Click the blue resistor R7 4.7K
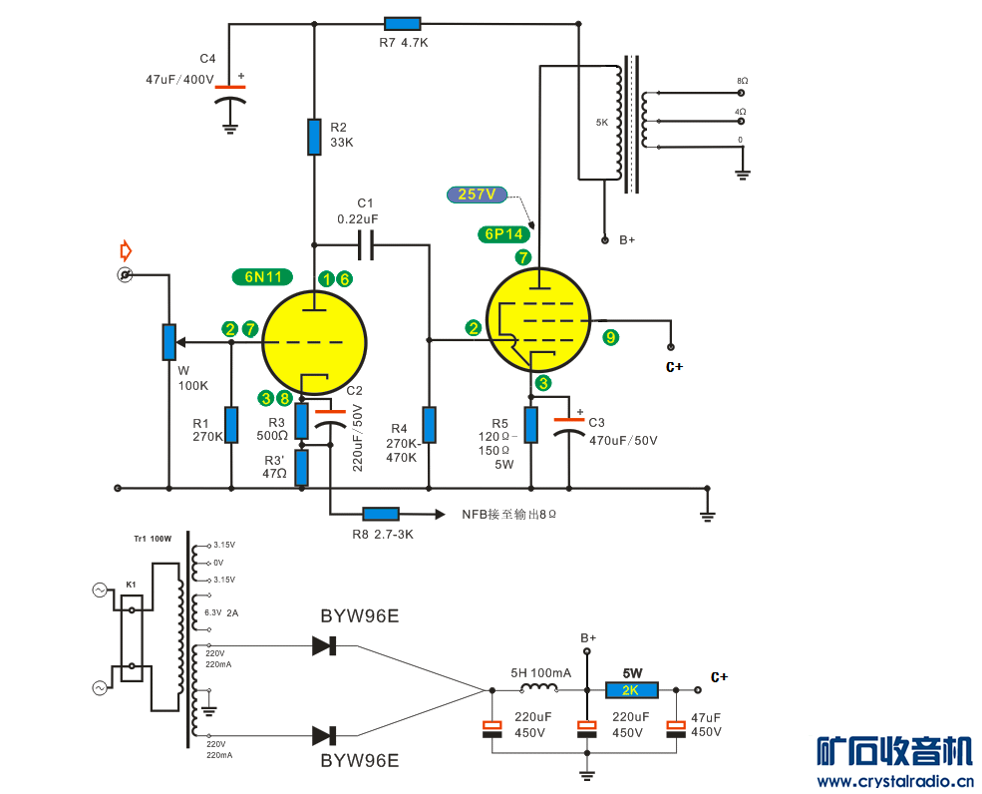[402, 23]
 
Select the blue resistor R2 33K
[314, 138]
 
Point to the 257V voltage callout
[478, 194]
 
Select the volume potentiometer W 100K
[168, 341]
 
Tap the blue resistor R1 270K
[231, 424]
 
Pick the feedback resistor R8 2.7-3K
[380, 514]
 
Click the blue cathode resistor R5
[530, 424]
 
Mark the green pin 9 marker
[611, 338]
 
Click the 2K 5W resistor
[630, 690]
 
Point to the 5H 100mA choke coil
[540, 688]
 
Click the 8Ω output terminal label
[742, 80]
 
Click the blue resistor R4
[429, 424]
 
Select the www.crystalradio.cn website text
[894, 781]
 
